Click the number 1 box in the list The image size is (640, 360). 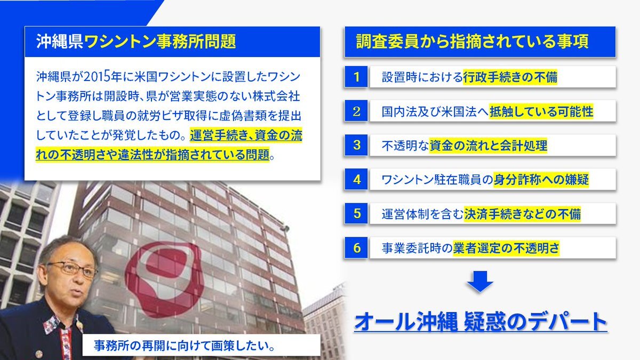356,77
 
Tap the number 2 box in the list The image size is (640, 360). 356,111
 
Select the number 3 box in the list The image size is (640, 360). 356,145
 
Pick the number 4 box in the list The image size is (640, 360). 356,179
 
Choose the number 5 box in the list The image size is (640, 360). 356,213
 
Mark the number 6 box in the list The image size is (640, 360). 356,247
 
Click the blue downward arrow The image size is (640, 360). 480,282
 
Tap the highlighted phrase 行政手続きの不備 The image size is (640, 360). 510,77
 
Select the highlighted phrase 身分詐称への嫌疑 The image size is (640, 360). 541,180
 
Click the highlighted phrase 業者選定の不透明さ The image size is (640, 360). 506,248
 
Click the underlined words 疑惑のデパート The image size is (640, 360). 535,322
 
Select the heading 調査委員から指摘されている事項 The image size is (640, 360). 472,42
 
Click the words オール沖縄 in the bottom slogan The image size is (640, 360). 406,322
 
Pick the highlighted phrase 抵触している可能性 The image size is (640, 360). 541,111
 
